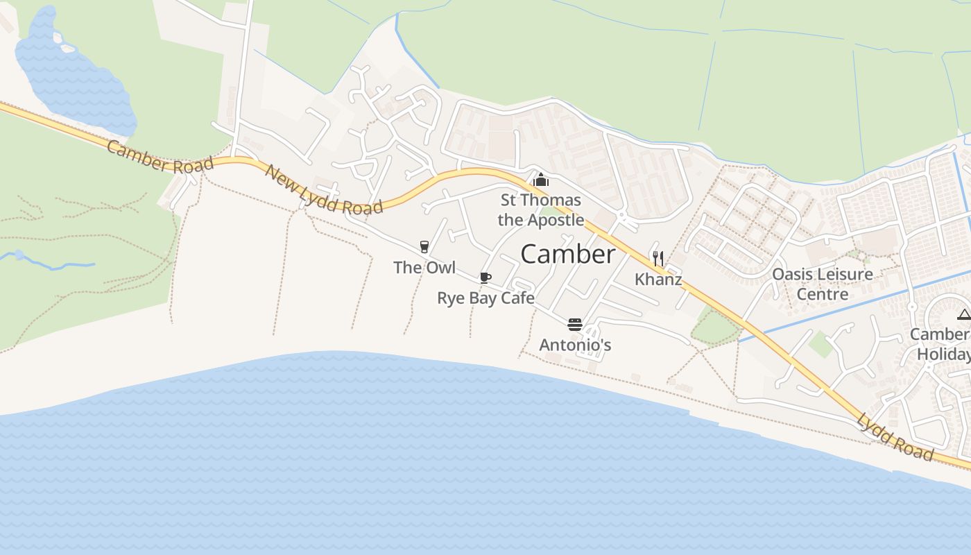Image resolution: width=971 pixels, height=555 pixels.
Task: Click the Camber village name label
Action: point(567,254)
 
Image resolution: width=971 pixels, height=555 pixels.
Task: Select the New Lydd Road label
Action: point(323,190)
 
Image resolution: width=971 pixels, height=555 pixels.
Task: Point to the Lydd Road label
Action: point(895,436)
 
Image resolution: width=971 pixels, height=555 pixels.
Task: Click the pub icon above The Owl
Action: point(424,246)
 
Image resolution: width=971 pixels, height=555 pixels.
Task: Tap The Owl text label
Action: point(424,267)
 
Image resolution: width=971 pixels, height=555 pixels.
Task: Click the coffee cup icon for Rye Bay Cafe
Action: point(486,278)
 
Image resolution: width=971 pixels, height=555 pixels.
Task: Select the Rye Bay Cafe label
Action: point(486,298)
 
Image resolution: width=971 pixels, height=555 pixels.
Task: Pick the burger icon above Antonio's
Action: point(574,324)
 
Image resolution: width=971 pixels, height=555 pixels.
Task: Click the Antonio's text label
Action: point(575,345)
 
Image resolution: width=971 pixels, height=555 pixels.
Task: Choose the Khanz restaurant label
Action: point(658,280)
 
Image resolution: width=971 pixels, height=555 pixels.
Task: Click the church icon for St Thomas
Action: point(540,180)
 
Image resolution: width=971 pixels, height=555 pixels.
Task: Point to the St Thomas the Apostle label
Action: point(541,210)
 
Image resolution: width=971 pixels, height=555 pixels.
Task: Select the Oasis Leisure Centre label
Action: point(823,284)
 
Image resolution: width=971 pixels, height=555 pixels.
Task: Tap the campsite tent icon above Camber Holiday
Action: point(963,316)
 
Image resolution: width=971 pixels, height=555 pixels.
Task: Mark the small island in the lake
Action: point(67,48)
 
